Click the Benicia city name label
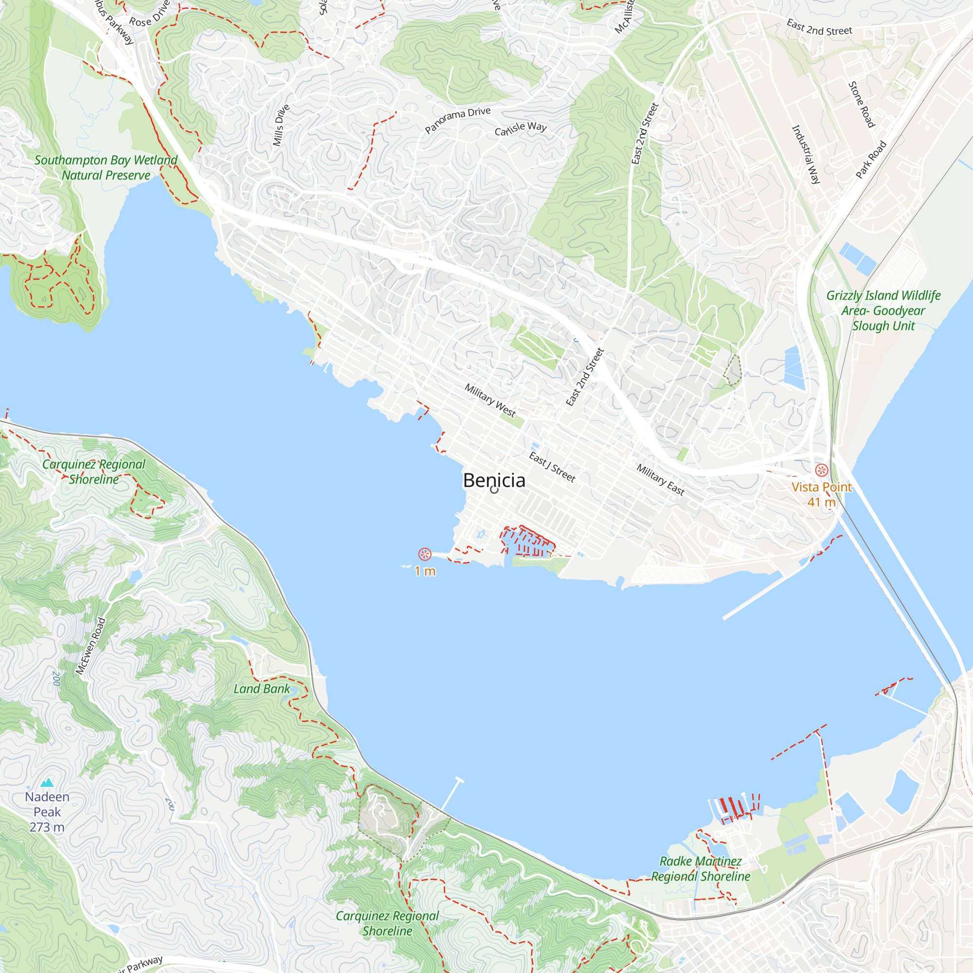click(x=494, y=481)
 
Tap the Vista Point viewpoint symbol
click(x=821, y=470)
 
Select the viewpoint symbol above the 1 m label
click(x=425, y=555)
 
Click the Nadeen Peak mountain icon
click(x=47, y=782)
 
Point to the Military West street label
click(x=490, y=400)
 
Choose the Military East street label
click(x=660, y=480)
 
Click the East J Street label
click(x=552, y=467)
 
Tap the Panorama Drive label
click(x=457, y=120)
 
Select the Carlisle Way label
click(x=520, y=128)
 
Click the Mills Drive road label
click(x=281, y=126)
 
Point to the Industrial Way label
click(x=806, y=155)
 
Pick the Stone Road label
click(x=862, y=105)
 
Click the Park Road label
click(x=871, y=160)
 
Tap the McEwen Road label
click(x=90, y=646)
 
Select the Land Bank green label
click(x=261, y=689)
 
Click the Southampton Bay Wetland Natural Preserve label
click(x=106, y=168)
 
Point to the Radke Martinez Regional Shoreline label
click(x=701, y=869)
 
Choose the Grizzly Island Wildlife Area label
click(x=883, y=310)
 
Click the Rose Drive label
click(x=149, y=15)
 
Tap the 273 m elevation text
click(x=47, y=827)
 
